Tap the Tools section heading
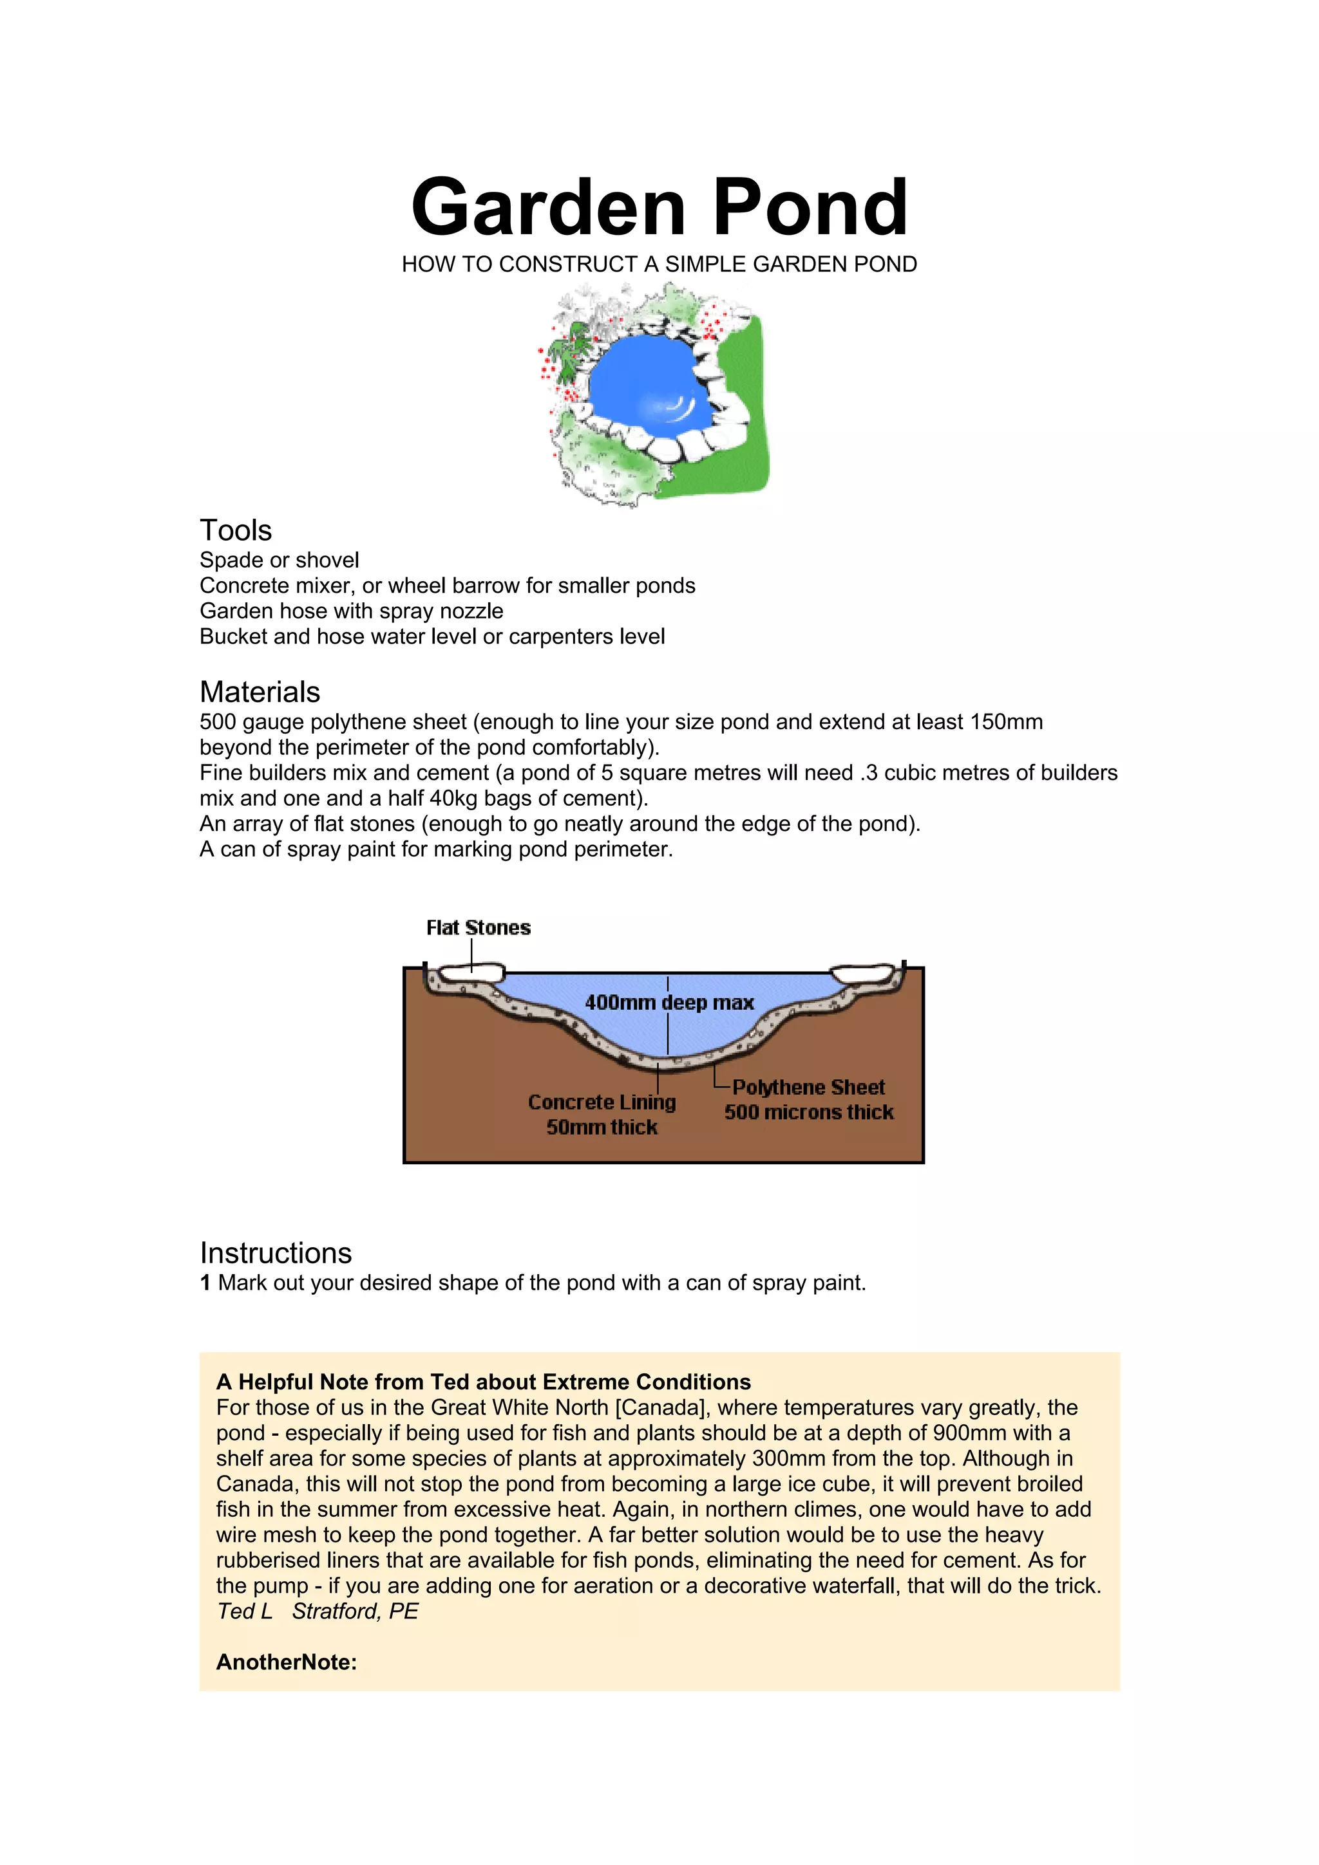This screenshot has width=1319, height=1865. [x=236, y=530]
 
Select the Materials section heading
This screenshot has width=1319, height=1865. [x=260, y=692]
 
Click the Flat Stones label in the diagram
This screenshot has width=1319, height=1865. [x=478, y=927]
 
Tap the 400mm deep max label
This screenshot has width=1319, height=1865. [x=669, y=1003]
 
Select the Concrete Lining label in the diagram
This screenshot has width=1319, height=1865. [x=602, y=1102]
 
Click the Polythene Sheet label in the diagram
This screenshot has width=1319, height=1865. [x=809, y=1087]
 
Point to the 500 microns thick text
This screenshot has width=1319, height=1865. [x=809, y=1112]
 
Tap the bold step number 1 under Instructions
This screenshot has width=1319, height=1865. [x=205, y=1283]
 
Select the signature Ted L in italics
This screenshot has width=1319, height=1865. [x=245, y=1611]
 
